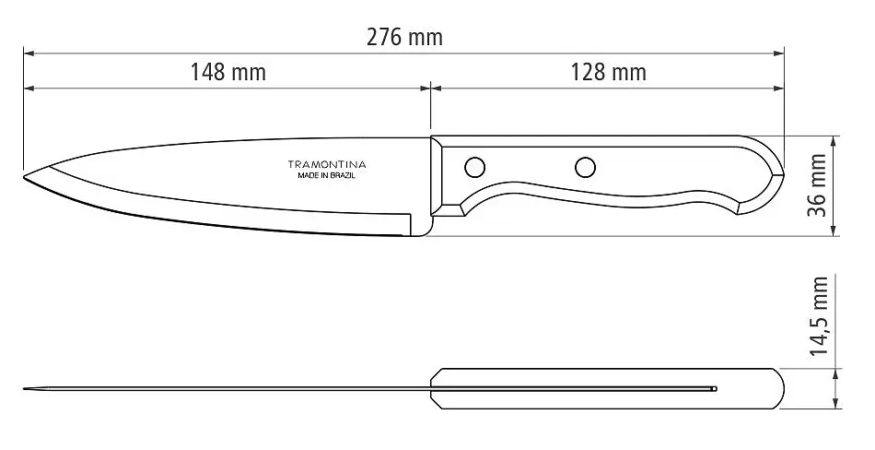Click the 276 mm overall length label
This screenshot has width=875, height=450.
click(404, 38)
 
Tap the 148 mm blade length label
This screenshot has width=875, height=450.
click(228, 72)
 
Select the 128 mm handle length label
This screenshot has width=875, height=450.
click(608, 72)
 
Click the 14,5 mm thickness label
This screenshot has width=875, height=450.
click(818, 316)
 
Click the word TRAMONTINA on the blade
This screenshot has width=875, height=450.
click(327, 164)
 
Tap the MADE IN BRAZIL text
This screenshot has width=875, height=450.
click(327, 175)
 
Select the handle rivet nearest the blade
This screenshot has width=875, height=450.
click(475, 167)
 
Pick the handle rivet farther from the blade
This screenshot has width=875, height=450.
click(586, 167)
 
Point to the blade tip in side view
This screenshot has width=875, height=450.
click(24, 177)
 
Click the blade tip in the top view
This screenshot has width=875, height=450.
click(25, 388)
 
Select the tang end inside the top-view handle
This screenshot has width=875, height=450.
click(715, 388)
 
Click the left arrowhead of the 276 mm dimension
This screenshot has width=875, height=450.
click(29, 53)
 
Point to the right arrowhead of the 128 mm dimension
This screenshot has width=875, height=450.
click(778, 88)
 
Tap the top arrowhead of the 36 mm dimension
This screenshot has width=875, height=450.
click(834, 141)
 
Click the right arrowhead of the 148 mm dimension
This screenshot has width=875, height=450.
click(424, 88)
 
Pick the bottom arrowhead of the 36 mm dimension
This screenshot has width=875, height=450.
click(834, 230)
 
